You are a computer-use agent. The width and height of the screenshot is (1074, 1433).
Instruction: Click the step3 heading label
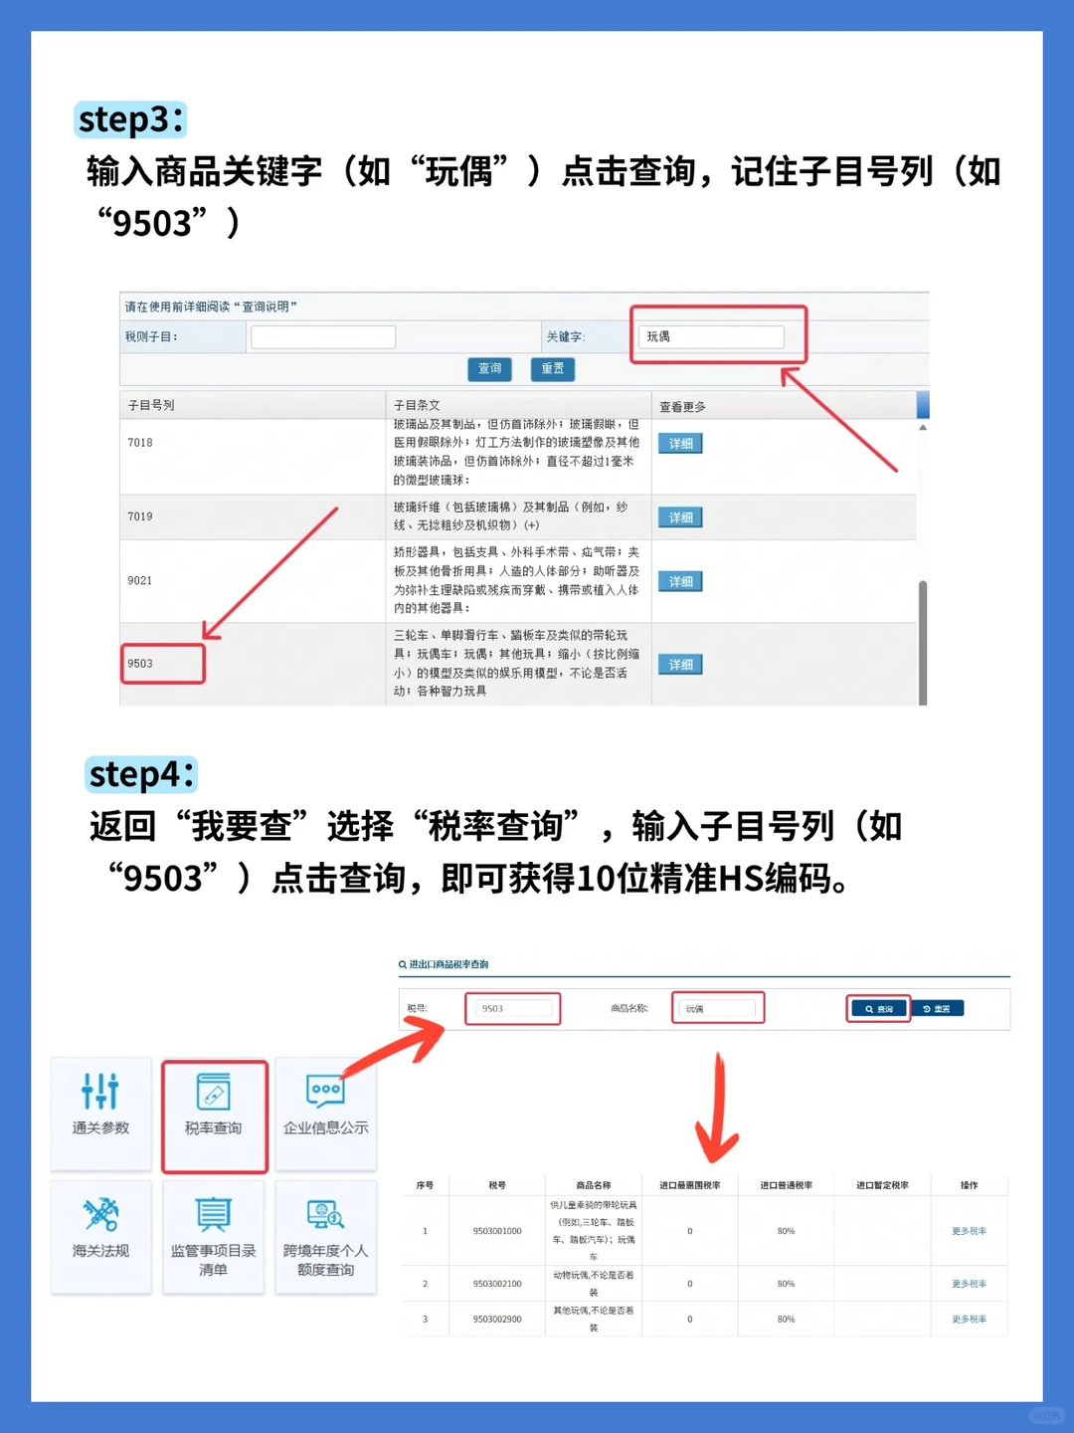(130, 119)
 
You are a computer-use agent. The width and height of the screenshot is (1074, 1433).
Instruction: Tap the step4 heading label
(141, 774)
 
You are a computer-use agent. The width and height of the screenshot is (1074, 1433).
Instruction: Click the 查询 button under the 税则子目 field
(489, 369)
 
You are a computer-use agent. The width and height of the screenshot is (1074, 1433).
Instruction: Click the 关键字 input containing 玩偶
(711, 336)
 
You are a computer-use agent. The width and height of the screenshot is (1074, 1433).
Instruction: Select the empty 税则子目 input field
(323, 337)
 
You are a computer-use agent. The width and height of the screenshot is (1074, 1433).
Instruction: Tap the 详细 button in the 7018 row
(680, 444)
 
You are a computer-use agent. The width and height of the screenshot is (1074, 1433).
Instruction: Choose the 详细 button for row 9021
(680, 581)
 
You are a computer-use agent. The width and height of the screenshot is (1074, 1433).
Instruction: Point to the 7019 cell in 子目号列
(140, 516)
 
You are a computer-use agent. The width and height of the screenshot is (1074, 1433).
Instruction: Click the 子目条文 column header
(417, 405)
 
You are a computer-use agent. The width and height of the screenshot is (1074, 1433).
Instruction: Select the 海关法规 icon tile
(100, 1229)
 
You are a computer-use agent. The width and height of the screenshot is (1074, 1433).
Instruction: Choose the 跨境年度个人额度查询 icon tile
(325, 1237)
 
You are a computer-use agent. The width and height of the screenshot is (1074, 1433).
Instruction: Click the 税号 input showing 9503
(513, 1008)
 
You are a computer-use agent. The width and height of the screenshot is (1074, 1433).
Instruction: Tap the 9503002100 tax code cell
(497, 1284)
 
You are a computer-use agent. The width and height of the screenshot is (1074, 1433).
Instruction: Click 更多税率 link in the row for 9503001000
(969, 1231)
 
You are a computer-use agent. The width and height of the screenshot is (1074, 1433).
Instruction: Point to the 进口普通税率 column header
(786, 1185)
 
